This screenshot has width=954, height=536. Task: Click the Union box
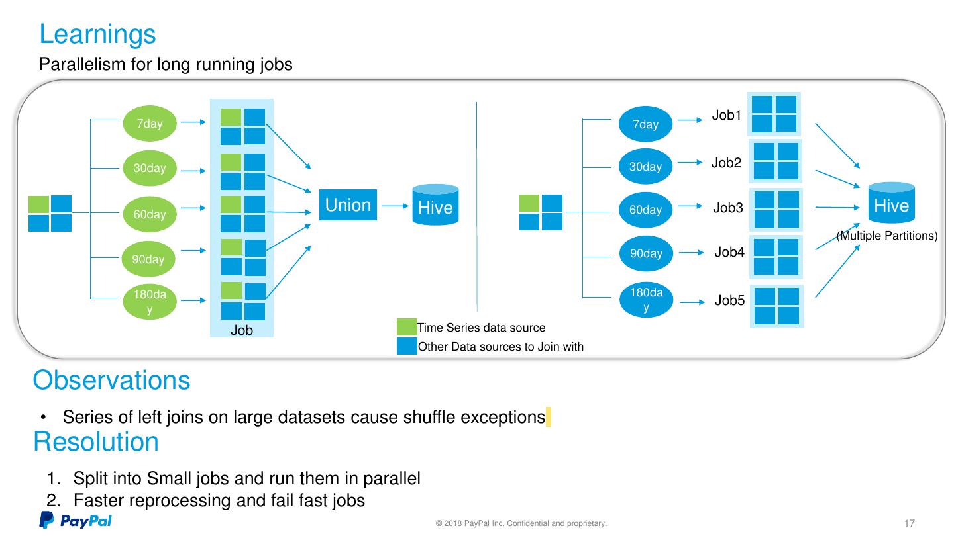(x=348, y=205)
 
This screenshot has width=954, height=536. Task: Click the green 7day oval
(x=150, y=124)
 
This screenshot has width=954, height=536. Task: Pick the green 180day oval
(x=150, y=302)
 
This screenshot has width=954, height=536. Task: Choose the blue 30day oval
(x=645, y=167)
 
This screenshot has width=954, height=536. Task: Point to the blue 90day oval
(x=645, y=253)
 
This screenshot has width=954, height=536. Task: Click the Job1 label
(x=726, y=116)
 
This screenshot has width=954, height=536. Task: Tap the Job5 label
(x=729, y=301)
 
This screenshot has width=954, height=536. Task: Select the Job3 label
(x=727, y=208)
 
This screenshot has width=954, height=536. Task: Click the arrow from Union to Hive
(x=395, y=206)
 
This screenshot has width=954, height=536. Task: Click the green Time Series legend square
(x=406, y=328)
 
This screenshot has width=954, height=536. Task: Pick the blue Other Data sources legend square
(x=406, y=346)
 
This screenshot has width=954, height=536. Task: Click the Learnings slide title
(x=97, y=34)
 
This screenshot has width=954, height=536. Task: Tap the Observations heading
(x=111, y=380)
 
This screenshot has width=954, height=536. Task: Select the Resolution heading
(x=96, y=442)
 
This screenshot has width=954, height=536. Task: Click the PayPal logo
(x=75, y=521)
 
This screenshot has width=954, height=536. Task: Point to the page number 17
(x=910, y=523)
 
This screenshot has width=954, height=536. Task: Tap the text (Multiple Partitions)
(x=887, y=236)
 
